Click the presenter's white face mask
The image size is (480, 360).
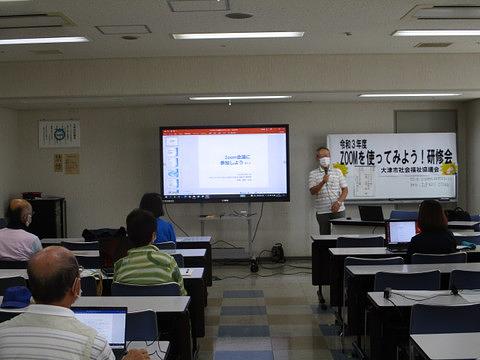[324, 161]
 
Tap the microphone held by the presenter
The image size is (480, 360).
[325, 171]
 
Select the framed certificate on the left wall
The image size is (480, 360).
[59, 134]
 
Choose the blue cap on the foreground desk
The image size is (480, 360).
[16, 296]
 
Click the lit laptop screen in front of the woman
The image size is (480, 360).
[401, 232]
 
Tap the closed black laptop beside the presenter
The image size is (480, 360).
[371, 213]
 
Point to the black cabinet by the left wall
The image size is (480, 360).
[46, 215]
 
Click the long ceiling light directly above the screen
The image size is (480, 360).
[237, 35]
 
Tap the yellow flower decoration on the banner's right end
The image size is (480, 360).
[448, 169]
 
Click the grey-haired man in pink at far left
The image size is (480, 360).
[17, 232]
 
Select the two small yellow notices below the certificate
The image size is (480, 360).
[65, 163]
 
